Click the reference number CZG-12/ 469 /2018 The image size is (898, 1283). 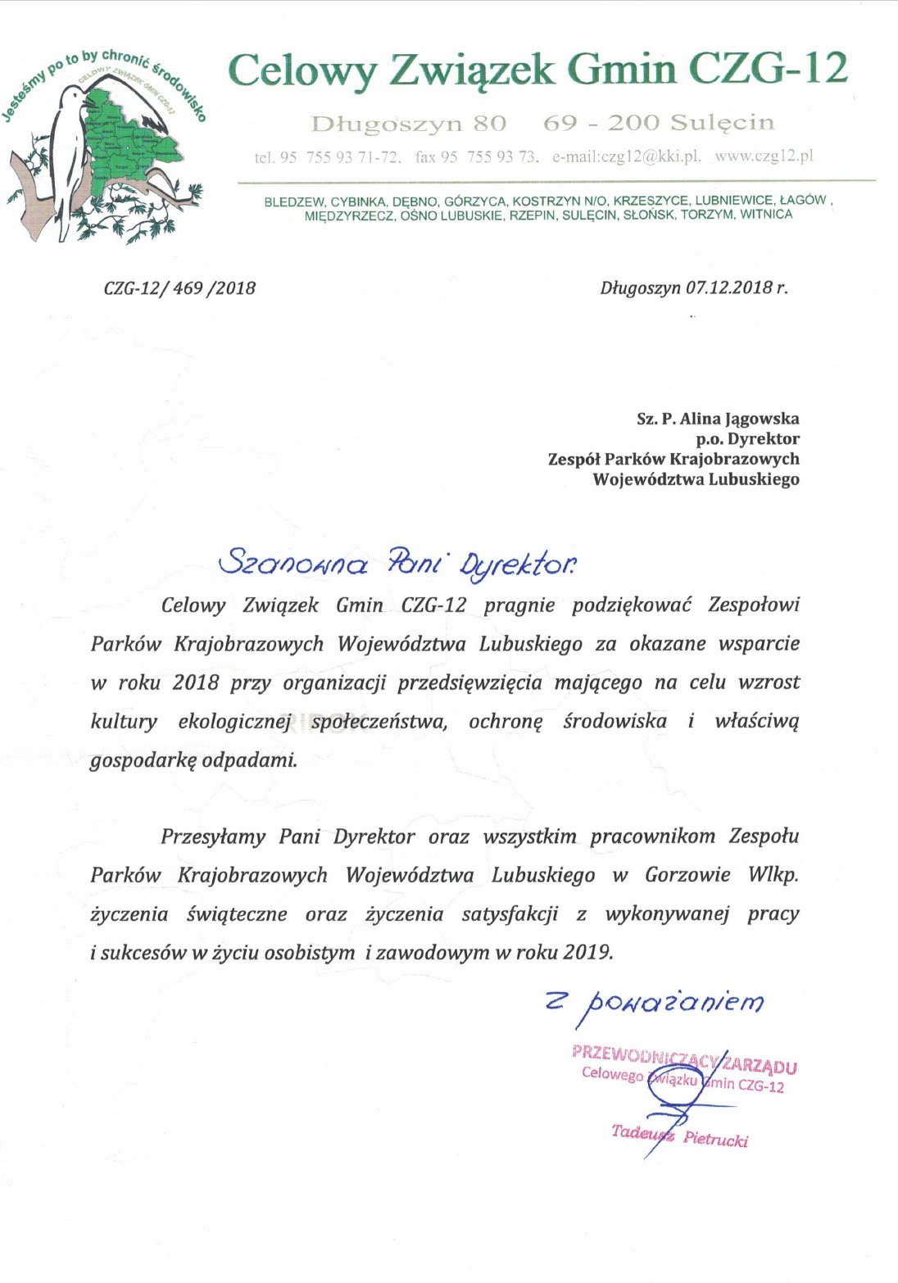point(179,288)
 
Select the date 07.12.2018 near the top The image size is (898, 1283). point(729,288)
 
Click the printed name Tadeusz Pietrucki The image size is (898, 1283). point(679,1136)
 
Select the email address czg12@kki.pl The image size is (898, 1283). point(627,156)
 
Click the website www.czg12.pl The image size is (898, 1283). point(764,156)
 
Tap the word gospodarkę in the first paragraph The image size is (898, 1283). point(142,759)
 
